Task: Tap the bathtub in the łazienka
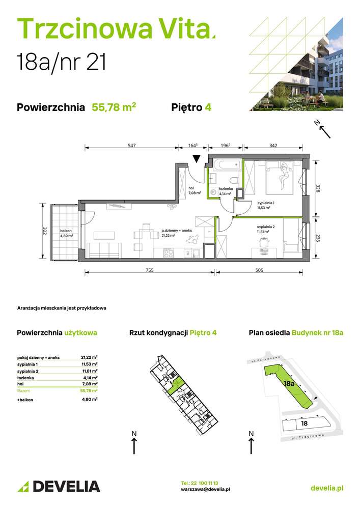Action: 225,165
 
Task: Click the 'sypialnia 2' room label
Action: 266,227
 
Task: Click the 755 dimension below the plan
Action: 149,270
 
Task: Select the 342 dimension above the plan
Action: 273,146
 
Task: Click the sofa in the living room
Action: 104,250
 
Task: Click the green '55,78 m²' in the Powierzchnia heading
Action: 114,107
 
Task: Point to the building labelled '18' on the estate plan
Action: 304,422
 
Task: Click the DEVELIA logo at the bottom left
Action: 59,486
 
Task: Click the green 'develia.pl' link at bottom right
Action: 326,488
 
